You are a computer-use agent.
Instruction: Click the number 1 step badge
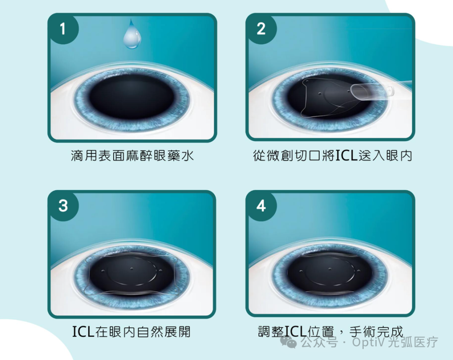[62, 28]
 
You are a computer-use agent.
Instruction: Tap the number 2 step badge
[261, 28]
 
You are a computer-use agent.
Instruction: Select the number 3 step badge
[63, 205]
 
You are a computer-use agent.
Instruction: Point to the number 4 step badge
[261, 205]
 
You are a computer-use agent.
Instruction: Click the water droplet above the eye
[132, 35]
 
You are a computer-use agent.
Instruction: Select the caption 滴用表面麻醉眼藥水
[132, 155]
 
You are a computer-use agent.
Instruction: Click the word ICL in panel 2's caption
[346, 155]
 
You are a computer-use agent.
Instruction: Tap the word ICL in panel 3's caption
[83, 332]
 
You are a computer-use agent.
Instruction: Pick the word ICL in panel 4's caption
[296, 331]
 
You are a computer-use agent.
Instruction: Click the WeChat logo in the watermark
[288, 342]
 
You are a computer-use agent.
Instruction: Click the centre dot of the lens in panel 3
[132, 269]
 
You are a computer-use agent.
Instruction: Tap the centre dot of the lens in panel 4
[330, 269]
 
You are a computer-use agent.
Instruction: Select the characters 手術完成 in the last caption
[376, 332]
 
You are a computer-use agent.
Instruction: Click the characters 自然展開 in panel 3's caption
[164, 332]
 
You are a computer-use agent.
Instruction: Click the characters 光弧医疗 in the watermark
[413, 342]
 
